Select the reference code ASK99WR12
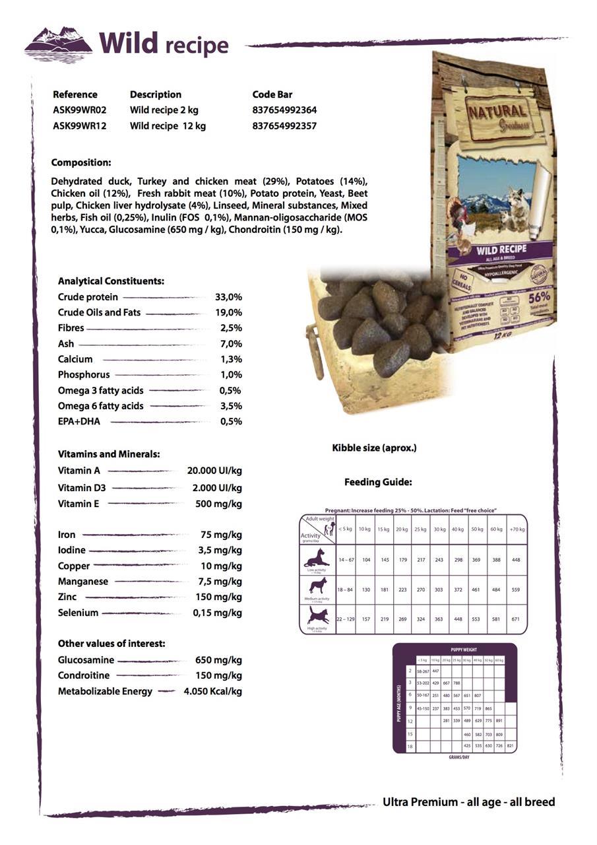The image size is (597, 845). [79, 126]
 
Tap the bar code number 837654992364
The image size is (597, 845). [284, 110]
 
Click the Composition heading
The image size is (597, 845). [81, 162]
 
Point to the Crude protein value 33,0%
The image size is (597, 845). [228, 297]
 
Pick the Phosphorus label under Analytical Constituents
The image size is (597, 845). [84, 375]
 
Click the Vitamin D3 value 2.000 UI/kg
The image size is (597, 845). [217, 488]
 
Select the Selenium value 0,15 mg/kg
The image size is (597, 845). [217, 613]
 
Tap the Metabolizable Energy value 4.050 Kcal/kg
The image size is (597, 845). [212, 691]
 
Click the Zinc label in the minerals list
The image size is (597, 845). [67, 597]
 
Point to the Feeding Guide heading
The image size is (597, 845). [378, 483]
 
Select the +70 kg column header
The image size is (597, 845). [517, 529]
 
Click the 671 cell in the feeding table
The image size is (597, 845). [516, 619]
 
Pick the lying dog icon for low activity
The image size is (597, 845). [317, 558]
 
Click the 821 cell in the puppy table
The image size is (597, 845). [509, 745]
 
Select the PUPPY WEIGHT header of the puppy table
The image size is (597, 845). [464, 650]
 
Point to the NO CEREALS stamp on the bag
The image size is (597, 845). [462, 279]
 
